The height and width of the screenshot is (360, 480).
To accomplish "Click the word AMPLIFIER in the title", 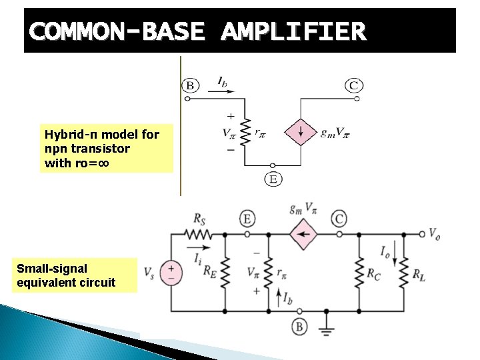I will click(293, 31).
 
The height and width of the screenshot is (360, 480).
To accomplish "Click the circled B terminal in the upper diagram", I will click(190, 85).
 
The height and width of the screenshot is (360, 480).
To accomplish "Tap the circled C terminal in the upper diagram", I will click(354, 85).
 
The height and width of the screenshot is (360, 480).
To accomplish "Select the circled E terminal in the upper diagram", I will click(272, 179).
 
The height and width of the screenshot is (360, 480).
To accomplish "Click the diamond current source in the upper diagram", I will click(301, 131).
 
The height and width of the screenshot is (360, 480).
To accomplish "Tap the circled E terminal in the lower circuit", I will click(248, 219).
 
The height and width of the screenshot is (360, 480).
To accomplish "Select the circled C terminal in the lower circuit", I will click(340, 219).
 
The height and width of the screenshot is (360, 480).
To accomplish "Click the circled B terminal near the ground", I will click(299, 327).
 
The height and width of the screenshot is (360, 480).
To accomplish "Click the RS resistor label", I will click(199, 218).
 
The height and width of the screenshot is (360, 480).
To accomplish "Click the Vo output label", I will click(433, 235).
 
